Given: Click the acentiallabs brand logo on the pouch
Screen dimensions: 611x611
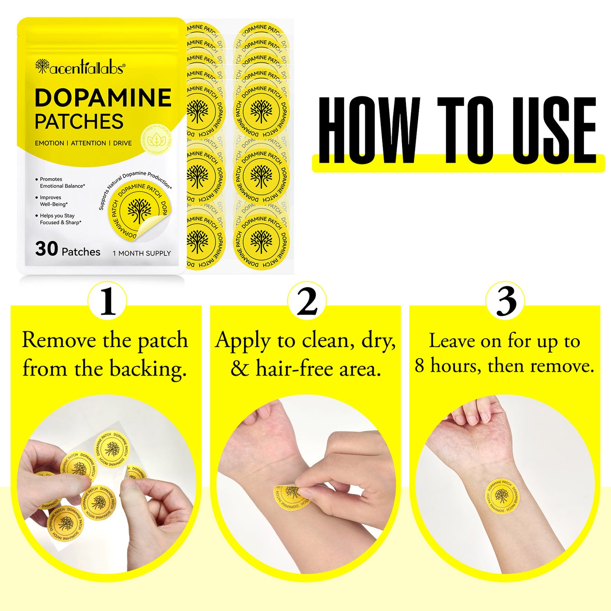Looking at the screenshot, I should pyautogui.click(x=80, y=67).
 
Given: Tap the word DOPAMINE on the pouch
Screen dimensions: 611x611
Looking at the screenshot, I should pyautogui.click(x=103, y=98).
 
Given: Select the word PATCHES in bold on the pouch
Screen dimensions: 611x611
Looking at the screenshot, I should pyautogui.click(x=79, y=122).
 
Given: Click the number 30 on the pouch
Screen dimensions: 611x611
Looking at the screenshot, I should pyautogui.click(x=47, y=249).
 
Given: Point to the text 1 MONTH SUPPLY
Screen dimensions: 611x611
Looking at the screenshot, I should pyautogui.click(x=142, y=253).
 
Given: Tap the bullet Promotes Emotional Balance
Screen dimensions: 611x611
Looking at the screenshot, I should pyautogui.click(x=62, y=183).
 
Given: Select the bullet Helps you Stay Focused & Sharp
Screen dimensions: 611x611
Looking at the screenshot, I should pyautogui.click(x=60, y=219).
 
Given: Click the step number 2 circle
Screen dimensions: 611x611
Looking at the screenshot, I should pyautogui.click(x=307, y=301).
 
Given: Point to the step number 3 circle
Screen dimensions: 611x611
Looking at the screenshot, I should pyautogui.click(x=505, y=301).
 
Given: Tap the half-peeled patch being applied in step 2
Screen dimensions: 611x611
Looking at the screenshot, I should pyautogui.click(x=291, y=496).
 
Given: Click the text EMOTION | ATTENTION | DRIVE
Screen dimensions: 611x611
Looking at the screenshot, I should pyautogui.click(x=83, y=143).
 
